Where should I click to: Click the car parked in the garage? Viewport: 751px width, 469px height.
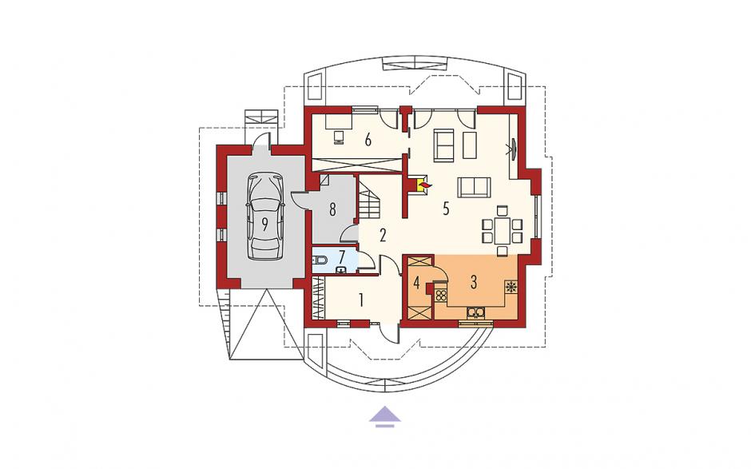tap(264, 217)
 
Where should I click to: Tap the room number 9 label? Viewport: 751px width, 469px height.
tap(265, 225)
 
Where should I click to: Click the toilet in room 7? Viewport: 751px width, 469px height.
tap(320, 261)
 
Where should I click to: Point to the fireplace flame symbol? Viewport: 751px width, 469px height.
tap(424, 184)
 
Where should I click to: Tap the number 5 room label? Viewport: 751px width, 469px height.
tap(446, 209)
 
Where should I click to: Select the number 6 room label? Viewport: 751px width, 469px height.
tap(368, 140)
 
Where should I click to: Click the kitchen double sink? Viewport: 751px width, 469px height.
tap(476, 313)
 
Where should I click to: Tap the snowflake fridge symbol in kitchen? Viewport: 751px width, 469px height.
tap(511, 288)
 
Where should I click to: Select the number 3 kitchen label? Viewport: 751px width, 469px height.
tap(474, 282)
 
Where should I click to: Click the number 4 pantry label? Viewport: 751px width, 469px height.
tap(417, 282)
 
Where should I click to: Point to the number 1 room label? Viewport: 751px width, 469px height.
tap(361, 300)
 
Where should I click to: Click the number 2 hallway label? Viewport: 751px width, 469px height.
tap(382, 235)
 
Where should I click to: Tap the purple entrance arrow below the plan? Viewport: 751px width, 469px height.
tap(384, 415)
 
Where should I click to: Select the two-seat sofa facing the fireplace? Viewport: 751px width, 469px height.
tap(474, 187)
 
